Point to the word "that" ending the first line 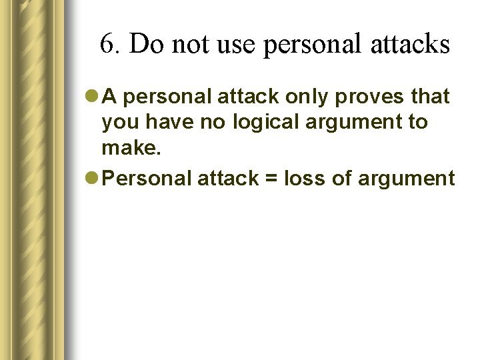(x=430, y=97)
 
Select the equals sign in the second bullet (x=271, y=179)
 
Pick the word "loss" (x=305, y=178)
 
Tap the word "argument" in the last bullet (x=407, y=179)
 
